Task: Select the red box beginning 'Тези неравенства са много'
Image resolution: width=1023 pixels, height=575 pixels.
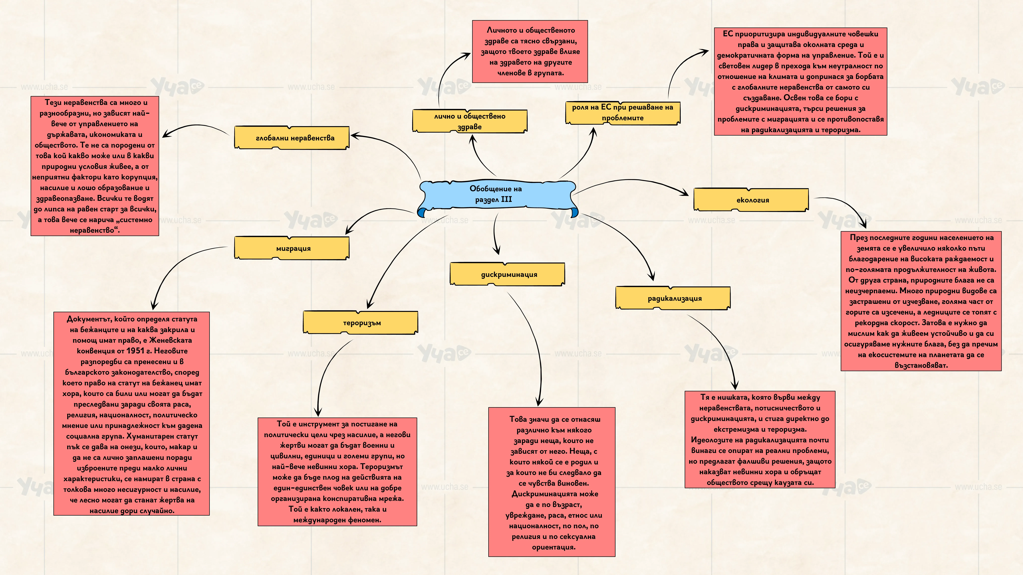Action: pos(95,166)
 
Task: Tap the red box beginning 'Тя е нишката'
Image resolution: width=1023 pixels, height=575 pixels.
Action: pos(760,439)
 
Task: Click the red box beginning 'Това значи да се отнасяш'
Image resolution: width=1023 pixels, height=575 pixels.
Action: pos(552,482)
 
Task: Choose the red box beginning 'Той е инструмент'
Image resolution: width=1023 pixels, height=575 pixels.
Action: pos(337,471)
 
